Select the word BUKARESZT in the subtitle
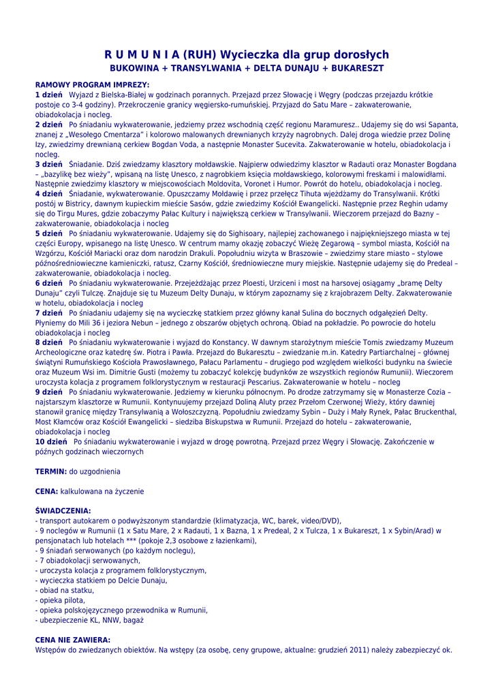(354, 69)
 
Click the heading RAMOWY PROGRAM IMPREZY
(91, 85)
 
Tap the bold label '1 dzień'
(48, 95)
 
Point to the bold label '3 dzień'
(48, 164)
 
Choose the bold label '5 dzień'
(48, 233)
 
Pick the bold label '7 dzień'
(48, 312)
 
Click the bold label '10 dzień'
(50, 441)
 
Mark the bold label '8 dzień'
(48, 342)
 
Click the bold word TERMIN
(50, 471)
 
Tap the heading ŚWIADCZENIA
(63, 510)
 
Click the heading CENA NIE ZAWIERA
(72, 640)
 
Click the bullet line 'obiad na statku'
(65, 590)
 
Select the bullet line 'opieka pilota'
(61, 600)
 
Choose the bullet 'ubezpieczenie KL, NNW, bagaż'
(89, 620)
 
